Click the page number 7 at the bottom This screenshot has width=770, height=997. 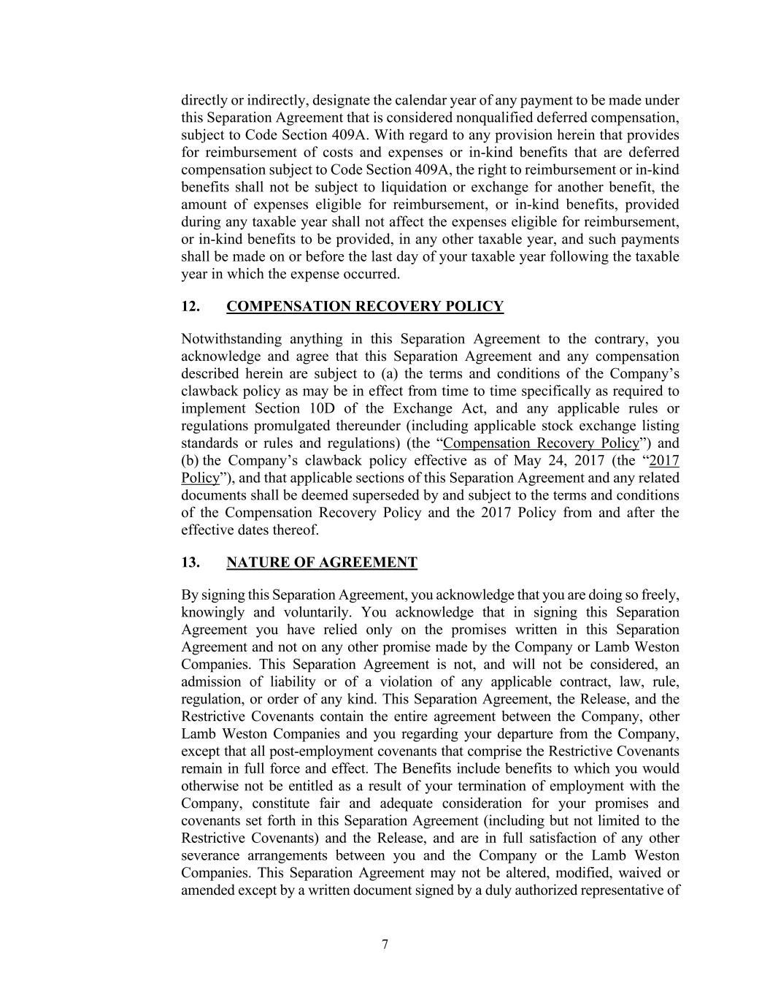385,944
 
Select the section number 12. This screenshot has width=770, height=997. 190,306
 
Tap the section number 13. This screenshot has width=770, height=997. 190,562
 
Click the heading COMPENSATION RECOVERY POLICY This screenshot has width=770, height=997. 365,306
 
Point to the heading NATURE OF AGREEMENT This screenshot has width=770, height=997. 322,562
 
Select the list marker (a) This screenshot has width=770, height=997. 390,373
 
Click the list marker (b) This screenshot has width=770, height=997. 190,460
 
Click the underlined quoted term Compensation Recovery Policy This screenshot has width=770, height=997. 541,443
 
